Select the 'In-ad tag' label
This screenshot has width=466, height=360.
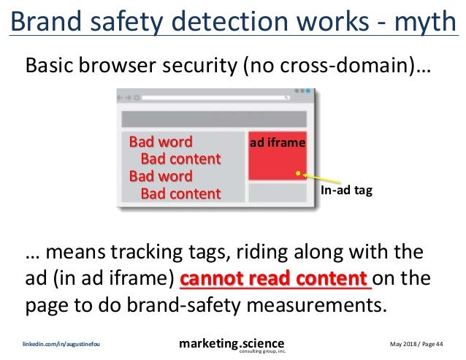pyautogui.click(x=347, y=191)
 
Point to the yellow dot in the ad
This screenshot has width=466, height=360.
pyautogui.click(x=298, y=175)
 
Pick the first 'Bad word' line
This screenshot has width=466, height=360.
pyautogui.click(x=161, y=141)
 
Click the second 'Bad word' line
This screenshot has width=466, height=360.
pyautogui.click(x=161, y=176)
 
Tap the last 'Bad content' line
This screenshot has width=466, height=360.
pyautogui.click(x=180, y=194)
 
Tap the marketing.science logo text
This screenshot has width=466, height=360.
pyautogui.click(x=233, y=342)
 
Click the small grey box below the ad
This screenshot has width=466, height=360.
pyautogui.click(x=278, y=193)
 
